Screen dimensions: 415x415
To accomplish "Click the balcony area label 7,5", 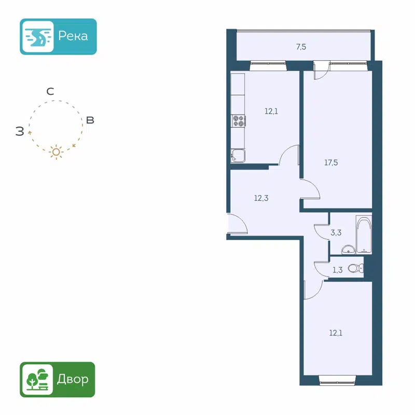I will [301, 47].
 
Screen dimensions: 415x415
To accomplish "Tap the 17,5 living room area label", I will [331, 162].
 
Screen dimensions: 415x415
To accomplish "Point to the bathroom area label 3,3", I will [336, 233].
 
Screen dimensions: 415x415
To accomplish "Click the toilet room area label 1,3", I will [337, 270].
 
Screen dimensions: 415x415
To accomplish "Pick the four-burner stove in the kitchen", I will [239, 121].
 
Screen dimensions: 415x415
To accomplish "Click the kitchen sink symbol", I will [239, 155].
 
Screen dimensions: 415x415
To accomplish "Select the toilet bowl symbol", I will [356, 268].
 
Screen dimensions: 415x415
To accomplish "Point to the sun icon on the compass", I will [56, 151].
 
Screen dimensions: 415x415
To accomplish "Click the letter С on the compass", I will [50, 92].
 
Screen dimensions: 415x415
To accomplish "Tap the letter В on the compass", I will [90, 120].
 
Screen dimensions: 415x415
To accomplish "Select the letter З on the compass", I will [20, 132].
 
